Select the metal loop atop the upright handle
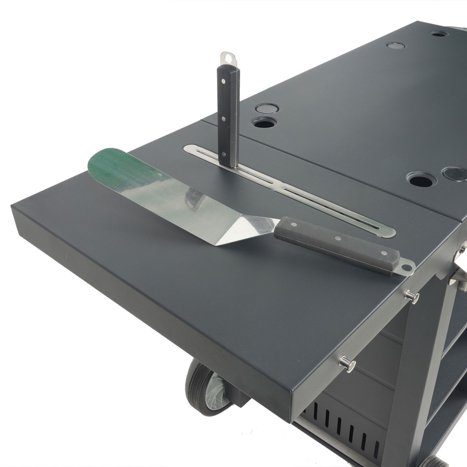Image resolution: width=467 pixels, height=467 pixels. [x=227, y=59]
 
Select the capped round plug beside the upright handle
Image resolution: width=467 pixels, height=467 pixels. [x=266, y=108]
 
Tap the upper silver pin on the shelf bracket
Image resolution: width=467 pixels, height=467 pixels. [x=412, y=296]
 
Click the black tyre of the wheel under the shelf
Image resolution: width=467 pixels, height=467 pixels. [x=196, y=384]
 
